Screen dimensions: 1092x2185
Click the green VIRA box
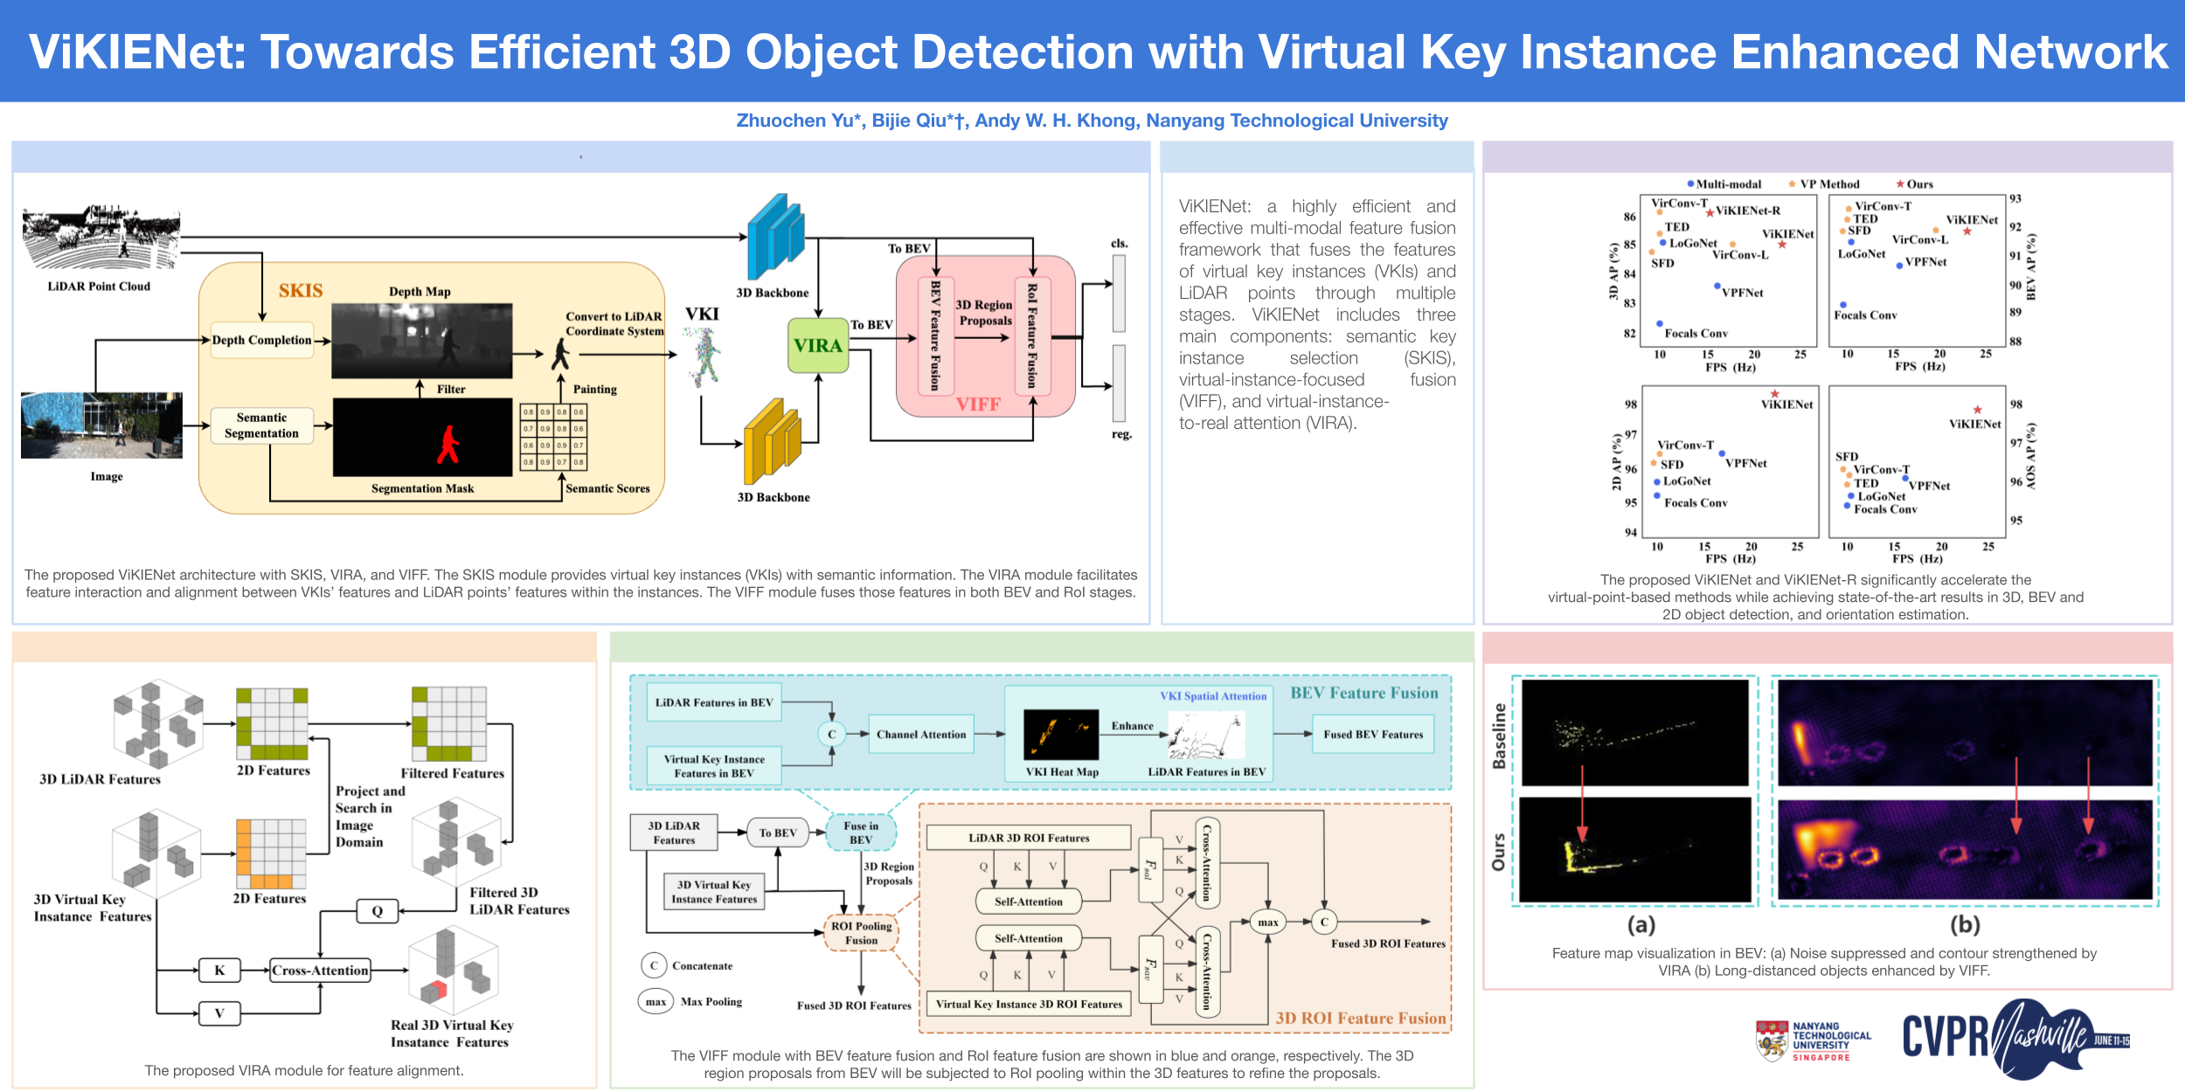point(818,346)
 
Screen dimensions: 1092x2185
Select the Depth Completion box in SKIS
point(261,341)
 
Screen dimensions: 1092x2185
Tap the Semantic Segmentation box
point(261,425)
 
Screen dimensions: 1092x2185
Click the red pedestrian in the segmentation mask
point(448,444)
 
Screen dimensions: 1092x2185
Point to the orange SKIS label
point(301,291)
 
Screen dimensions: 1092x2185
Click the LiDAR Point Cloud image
point(101,238)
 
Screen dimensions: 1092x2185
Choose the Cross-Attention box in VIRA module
point(320,971)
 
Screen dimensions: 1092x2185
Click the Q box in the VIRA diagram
point(377,911)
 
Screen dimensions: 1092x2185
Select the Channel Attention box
point(921,735)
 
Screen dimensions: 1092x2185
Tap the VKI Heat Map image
point(1061,735)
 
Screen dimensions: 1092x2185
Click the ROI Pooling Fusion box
point(861,933)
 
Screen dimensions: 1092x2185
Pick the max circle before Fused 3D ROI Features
point(1267,923)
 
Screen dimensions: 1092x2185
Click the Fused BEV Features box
point(1372,735)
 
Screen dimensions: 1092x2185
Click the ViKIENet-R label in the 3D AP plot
point(1748,211)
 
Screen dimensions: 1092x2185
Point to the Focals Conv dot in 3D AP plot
point(1660,324)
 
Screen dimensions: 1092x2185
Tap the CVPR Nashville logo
point(2015,1038)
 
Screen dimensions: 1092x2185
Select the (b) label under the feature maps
point(1966,924)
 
